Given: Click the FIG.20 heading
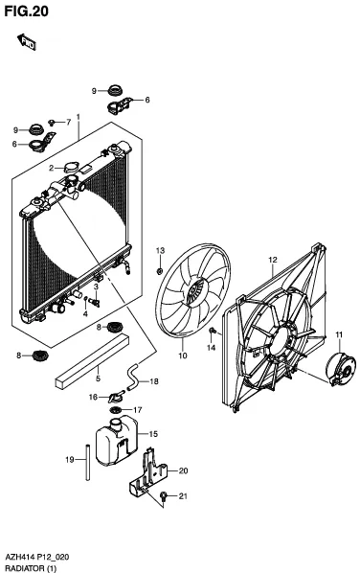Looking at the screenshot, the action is click(x=26, y=11).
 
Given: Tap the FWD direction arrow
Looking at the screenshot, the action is click(x=26, y=41).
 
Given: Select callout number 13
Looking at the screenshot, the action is click(x=160, y=251).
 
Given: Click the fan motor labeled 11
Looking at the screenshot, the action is click(x=340, y=369).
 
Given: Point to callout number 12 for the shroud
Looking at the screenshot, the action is click(x=273, y=260).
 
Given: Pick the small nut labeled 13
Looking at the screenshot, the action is click(x=160, y=271).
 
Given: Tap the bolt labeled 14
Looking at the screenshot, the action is click(x=213, y=332).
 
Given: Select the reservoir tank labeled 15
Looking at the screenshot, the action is click(x=116, y=441).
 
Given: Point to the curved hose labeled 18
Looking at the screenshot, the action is click(x=132, y=377).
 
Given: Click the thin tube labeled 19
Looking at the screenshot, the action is click(x=88, y=462).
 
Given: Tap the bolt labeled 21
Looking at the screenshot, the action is click(x=164, y=496).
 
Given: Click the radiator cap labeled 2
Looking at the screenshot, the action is click(x=70, y=168).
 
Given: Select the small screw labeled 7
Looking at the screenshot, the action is click(x=52, y=123).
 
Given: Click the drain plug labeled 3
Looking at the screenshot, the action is click(x=95, y=302).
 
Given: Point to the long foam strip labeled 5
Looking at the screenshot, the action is click(x=92, y=361).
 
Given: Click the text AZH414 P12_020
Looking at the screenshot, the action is click(x=37, y=558).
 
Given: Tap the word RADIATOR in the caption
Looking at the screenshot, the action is click(x=25, y=568).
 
